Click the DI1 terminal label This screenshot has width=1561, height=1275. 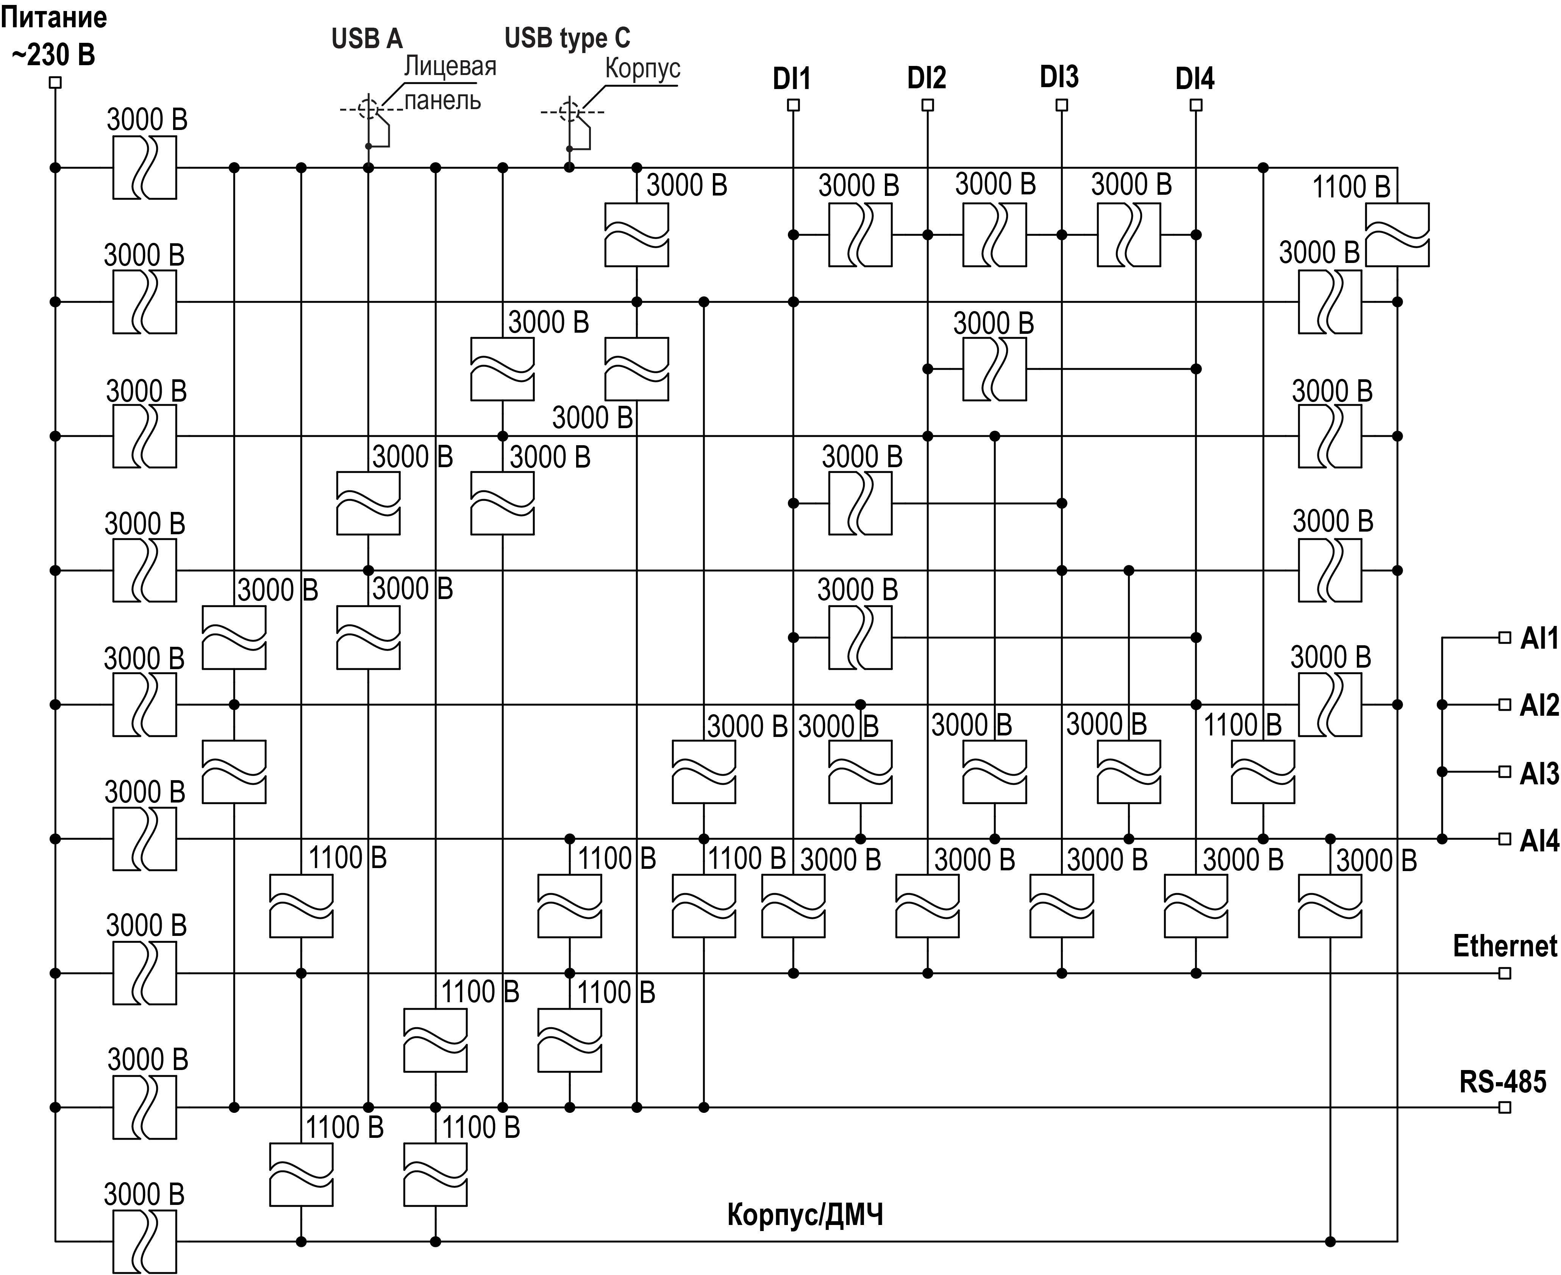pyautogui.click(x=792, y=78)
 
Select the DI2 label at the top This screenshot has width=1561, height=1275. pyautogui.click(x=927, y=77)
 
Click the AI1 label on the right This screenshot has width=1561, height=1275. pyautogui.click(x=1539, y=638)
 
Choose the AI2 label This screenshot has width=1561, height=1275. pyautogui.click(x=1539, y=705)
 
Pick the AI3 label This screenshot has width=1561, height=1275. pyautogui.click(x=1539, y=773)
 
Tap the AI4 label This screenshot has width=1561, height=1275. pyautogui.click(x=1539, y=840)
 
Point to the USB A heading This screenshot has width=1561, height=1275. pyautogui.click(x=367, y=39)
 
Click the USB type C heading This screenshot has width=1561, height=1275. pyautogui.click(x=567, y=38)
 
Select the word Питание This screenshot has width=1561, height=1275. pyautogui.click(x=54, y=17)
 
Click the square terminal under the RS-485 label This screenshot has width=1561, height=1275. pyautogui.click(x=1505, y=1108)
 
